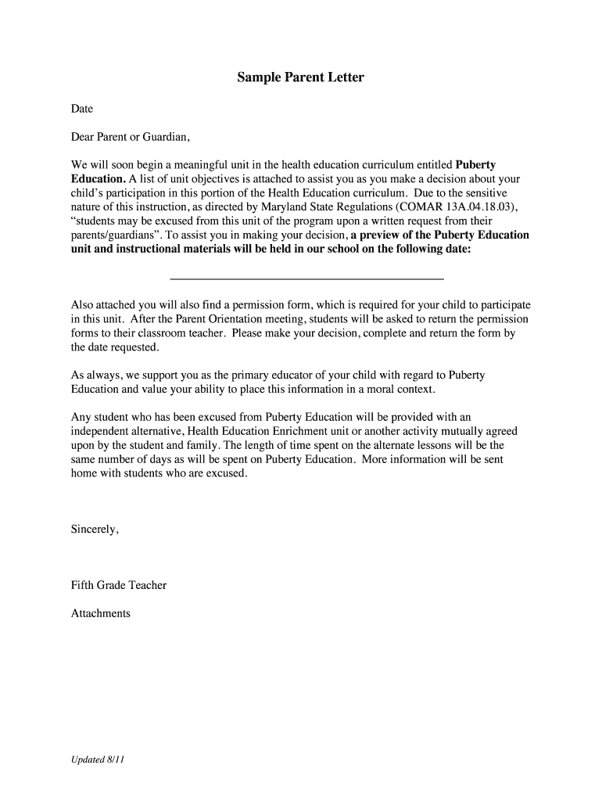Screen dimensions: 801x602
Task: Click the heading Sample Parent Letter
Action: (301, 78)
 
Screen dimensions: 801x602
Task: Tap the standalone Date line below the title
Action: (82, 110)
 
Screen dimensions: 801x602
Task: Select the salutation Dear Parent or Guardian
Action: (131, 137)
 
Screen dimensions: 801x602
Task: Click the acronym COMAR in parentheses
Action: (417, 207)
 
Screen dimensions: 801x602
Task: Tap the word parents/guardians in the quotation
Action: (106, 235)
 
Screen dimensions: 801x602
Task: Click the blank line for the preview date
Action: (306, 278)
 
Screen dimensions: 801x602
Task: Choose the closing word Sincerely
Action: (95, 530)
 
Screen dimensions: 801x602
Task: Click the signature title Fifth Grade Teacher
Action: (119, 585)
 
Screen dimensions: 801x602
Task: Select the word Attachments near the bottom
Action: (101, 613)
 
